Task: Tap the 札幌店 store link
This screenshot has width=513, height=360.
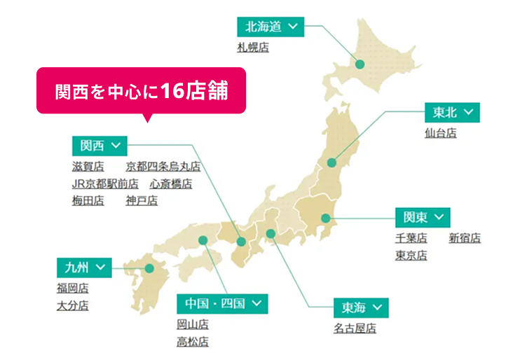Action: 253,48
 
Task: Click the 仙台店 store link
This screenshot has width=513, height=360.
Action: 440,132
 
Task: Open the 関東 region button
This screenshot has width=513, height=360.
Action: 423,217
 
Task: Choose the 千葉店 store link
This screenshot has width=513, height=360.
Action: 411,238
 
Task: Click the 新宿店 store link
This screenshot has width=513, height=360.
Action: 465,238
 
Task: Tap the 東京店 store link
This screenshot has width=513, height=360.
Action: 411,256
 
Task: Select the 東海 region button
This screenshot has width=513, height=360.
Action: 361,308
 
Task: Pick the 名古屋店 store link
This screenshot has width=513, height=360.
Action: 355,328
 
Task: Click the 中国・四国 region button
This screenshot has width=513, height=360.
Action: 222,304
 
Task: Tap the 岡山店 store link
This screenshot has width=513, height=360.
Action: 193,324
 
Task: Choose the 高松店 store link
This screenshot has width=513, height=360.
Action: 193,342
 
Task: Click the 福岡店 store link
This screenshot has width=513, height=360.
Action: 73,288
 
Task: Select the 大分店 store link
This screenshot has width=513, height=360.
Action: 73,305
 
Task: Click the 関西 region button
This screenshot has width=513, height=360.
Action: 99,146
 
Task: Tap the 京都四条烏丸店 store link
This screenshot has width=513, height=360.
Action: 163,167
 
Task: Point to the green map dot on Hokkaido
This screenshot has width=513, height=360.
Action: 360,64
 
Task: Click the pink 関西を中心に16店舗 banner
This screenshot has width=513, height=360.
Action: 141,90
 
